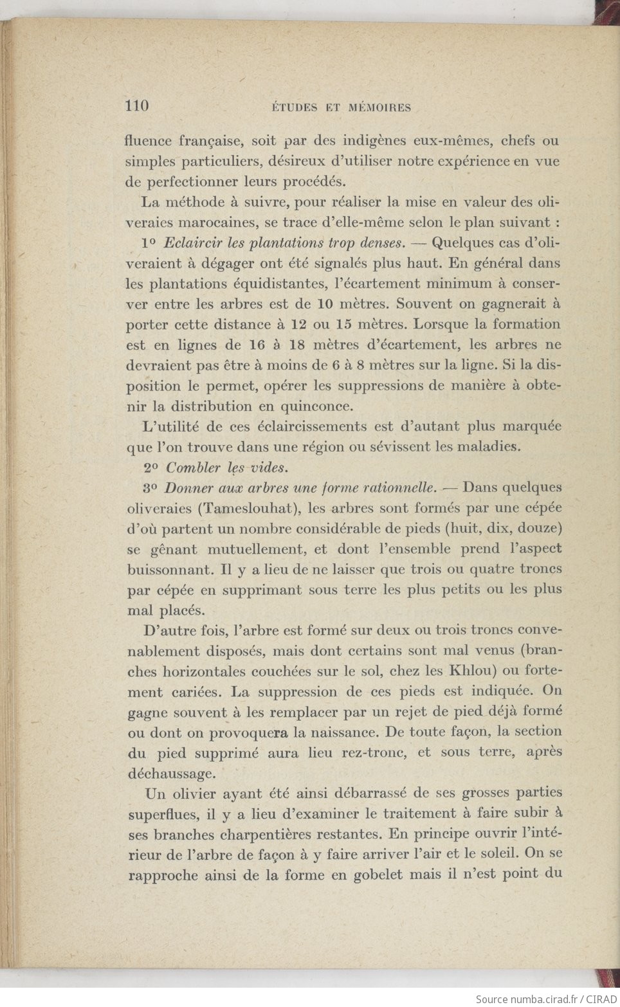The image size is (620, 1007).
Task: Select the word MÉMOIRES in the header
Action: [x=379, y=107]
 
